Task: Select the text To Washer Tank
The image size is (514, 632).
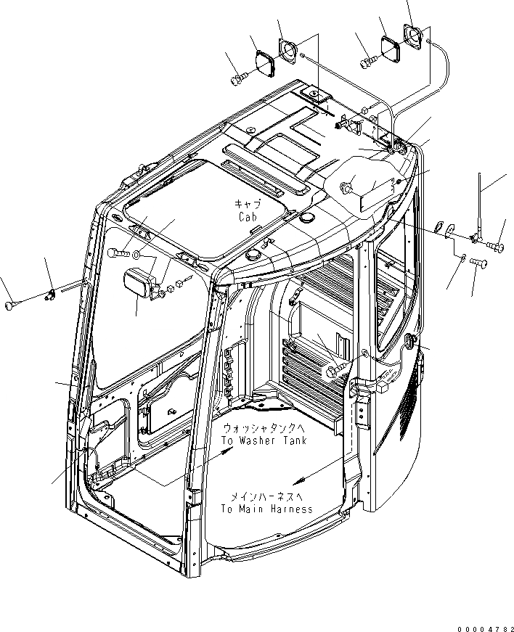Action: pos(265,440)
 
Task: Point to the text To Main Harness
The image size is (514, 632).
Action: pos(267,509)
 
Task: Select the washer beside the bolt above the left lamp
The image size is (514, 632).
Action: pos(137,255)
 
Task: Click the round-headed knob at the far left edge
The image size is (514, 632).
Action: pos(9,304)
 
